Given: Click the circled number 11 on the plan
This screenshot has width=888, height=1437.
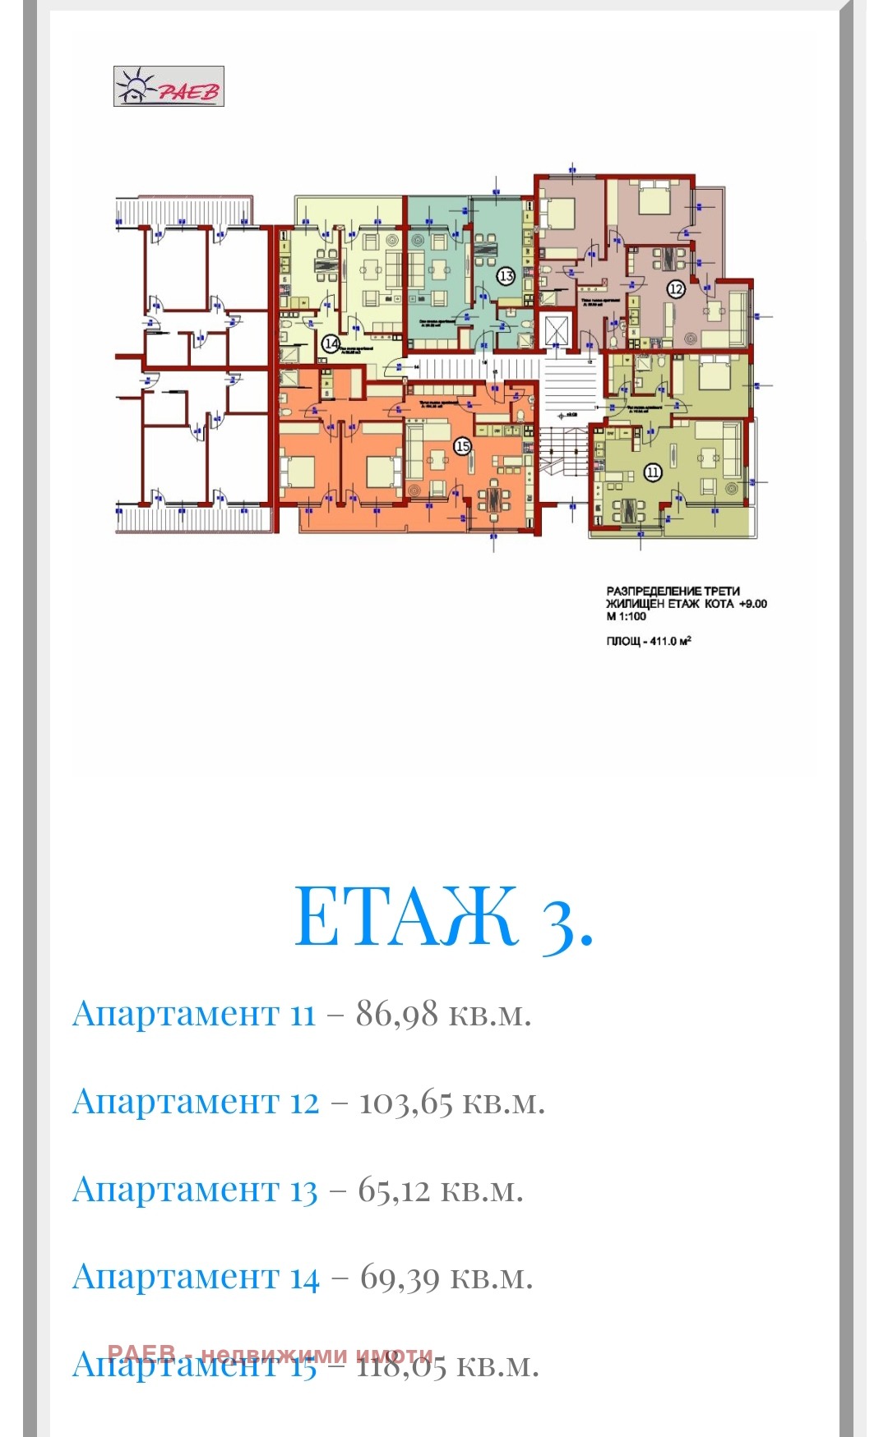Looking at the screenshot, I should point(653,472).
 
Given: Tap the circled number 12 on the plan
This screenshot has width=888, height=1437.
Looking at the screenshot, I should point(676,288).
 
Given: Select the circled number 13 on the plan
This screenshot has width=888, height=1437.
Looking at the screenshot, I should point(506,276).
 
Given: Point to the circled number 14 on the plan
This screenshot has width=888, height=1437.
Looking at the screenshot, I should point(331,343).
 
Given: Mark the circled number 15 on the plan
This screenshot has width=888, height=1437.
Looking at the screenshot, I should point(462,446).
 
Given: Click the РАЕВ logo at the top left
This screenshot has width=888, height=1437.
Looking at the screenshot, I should point(169,86).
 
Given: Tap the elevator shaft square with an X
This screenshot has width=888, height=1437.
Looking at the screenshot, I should point(557,331).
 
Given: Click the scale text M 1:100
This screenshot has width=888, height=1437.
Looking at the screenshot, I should point(627,616).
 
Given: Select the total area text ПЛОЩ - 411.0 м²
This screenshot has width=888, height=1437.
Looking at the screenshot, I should point(649,641).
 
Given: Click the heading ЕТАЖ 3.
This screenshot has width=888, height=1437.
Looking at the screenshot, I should point(443,917).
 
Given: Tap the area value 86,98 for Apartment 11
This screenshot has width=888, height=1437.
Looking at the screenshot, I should point(396,1014).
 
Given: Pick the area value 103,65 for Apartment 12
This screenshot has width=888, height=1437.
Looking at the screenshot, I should point(405,1102).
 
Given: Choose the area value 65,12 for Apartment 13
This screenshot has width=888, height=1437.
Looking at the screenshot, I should point(393,1190).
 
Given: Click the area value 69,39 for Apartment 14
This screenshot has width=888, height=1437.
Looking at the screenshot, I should point(400,1278).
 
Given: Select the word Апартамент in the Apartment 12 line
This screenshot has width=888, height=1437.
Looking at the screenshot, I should point(176,1102).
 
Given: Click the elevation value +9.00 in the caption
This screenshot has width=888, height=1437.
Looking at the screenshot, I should point(752,604).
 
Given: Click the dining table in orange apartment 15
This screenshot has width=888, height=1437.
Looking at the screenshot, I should point(494,498).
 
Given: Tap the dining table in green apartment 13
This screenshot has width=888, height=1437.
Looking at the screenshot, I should point(486,246).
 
